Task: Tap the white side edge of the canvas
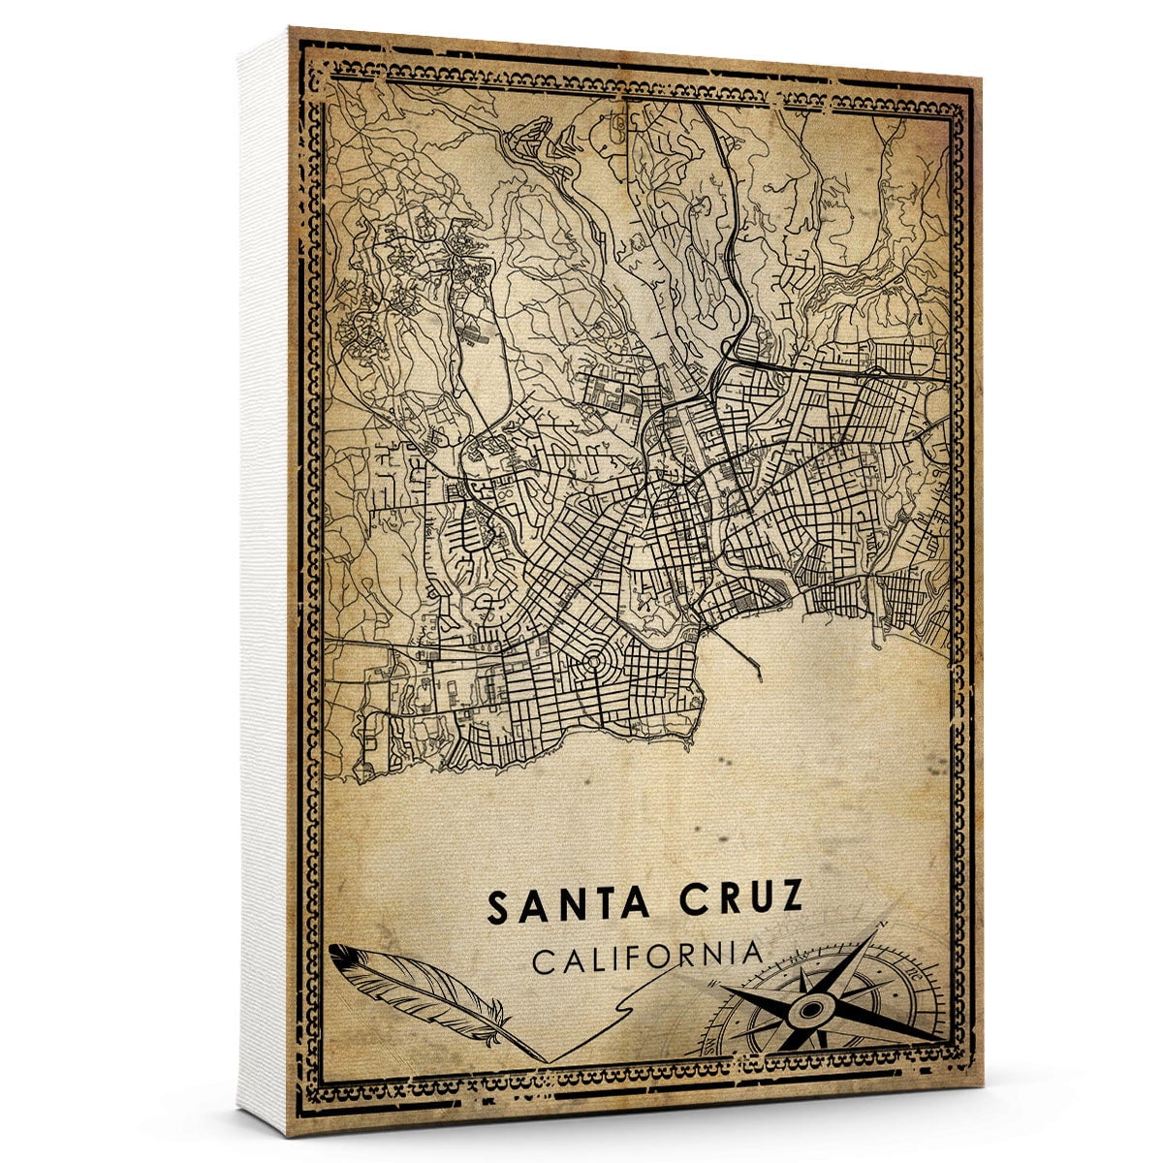(262, 581)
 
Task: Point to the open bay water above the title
(775, 775)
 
